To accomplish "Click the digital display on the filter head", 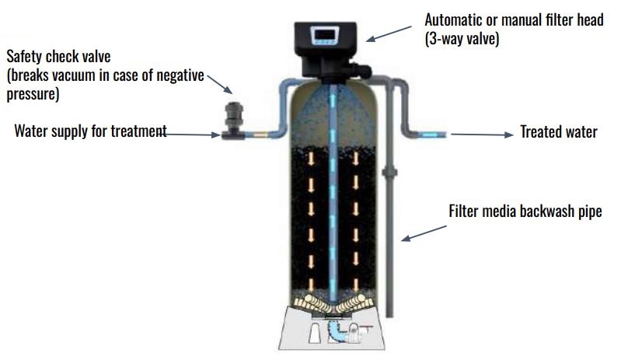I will pyautogui.click(x=326, y=35).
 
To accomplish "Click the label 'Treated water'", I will pyautogui.click(x=558, y=132).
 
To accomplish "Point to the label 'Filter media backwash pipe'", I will pyautogui.click(x=525, y=211).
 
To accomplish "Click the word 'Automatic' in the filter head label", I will pyautogui.click(x=454, y=19).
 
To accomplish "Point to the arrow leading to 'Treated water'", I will pyautogui.click(x=482, y=135).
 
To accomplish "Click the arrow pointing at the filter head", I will pyautogui.click(x=389, y=33).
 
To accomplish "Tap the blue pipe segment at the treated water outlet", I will pyautogui.click(x=430, y=135).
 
